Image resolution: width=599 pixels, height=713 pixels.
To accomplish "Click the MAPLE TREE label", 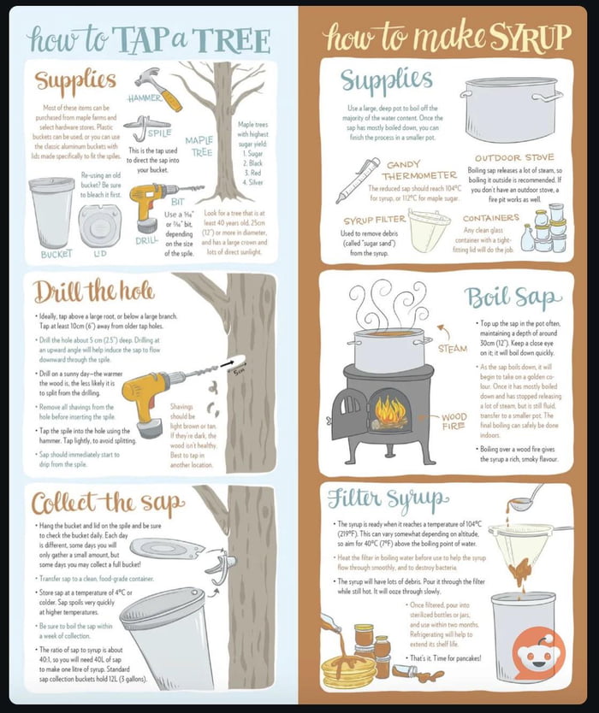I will click(199, 146).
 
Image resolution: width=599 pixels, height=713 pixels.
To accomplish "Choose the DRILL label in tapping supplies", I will click(146, 241).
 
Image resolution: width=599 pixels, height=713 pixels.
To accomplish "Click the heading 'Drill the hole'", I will click(94, 292).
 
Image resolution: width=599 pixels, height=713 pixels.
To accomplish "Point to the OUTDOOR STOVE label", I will click(514, 158).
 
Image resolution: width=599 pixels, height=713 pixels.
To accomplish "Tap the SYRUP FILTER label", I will click(374, 221).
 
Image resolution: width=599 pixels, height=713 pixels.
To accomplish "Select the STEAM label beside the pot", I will click(452, 349).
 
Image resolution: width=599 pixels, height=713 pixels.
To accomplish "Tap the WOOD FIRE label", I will click(454, 422).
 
